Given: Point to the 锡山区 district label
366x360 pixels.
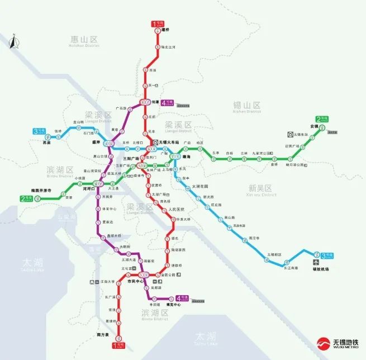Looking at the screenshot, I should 247,105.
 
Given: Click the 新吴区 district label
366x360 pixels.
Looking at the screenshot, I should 263,188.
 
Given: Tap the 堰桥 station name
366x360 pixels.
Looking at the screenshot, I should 165,39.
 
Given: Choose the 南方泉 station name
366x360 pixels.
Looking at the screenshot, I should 102,335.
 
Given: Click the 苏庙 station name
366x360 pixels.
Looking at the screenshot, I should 39,142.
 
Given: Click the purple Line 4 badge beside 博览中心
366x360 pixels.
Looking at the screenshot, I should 182,299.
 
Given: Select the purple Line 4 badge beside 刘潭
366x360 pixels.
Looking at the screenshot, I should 167,103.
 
